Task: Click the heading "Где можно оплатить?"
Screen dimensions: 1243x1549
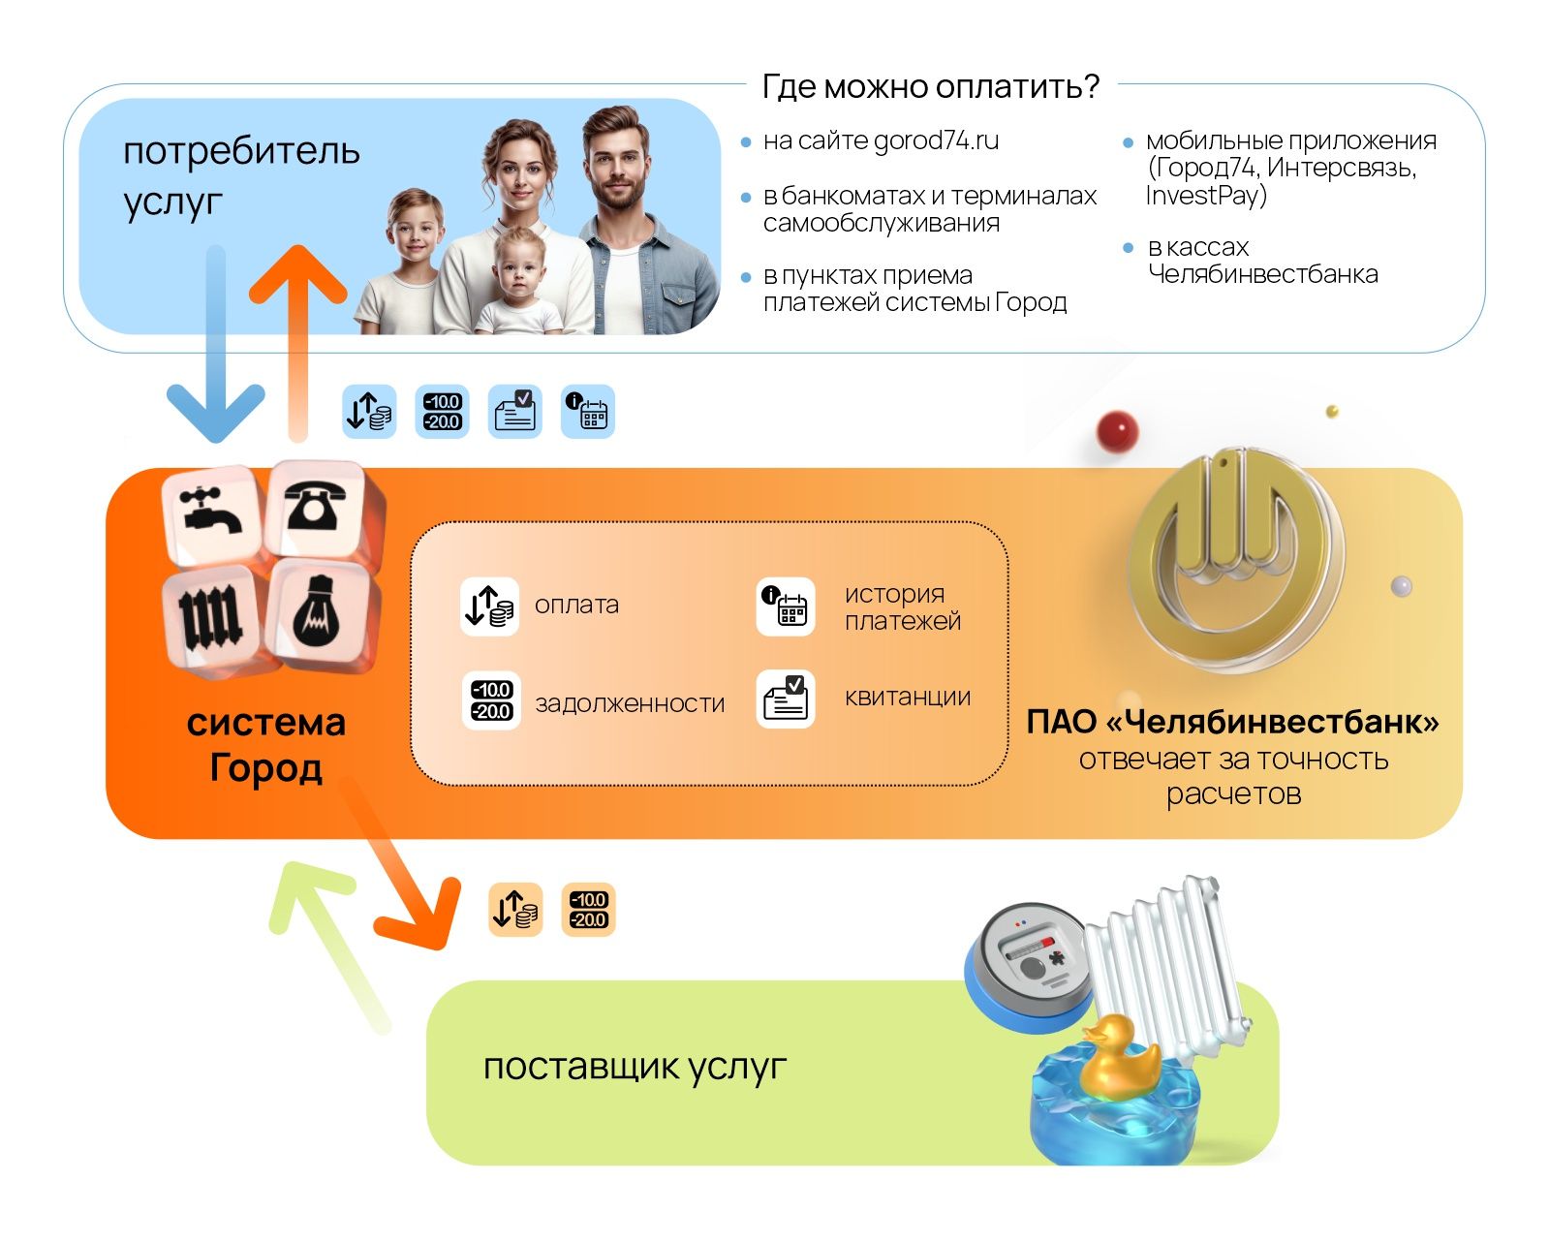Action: (x=930, y=87)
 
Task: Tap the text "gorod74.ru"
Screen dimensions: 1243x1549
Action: (x=935, y=141)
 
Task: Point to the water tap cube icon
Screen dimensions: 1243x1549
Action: (x=213, y=512)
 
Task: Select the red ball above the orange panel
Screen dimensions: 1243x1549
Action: (x=1117, y=429)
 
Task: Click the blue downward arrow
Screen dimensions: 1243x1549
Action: (x=215, y=368)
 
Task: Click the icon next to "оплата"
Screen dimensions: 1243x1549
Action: (x=489, y=606)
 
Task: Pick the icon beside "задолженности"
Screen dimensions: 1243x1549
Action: (x=491, y=699)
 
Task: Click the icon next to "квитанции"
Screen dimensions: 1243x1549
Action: (x=785, y=698)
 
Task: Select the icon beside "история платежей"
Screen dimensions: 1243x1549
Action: (x=785, y=606)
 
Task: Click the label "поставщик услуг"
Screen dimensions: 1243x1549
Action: (x=635, y=1068)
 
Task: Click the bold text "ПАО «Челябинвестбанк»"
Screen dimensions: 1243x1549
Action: (x=1232, y=722)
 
